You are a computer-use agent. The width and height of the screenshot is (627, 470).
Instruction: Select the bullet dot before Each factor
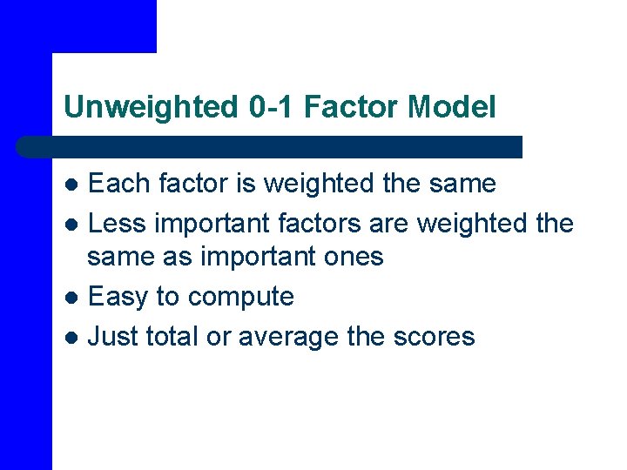point(73,185)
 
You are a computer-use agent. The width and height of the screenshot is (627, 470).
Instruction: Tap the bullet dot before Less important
point(73,225)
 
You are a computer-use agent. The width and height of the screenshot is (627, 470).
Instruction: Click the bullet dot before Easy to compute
point(73,298)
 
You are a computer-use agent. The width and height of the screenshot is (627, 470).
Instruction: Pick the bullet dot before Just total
point(73,337)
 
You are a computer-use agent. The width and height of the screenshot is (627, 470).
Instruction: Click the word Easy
point(118,297)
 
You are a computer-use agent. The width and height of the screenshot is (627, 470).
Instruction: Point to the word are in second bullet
point(389,224)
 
